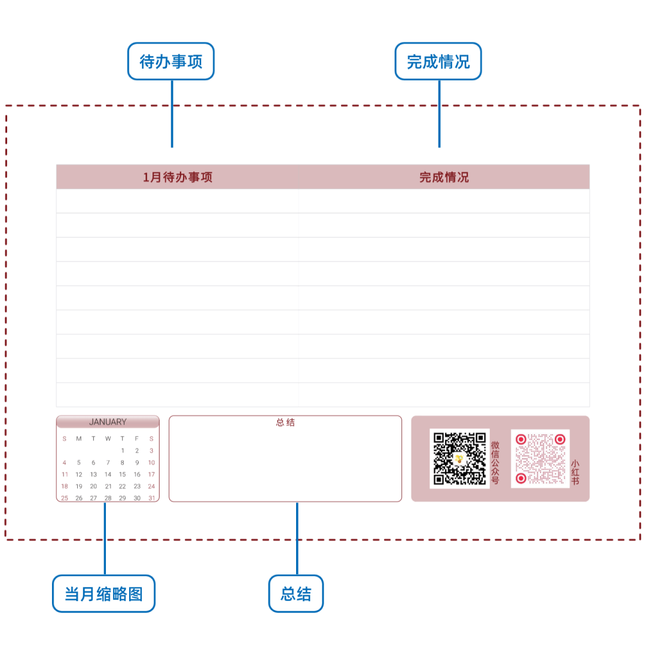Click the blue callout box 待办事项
tap(171, 61)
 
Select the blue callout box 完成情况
tap(438, 61)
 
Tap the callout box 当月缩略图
tap(103, 593)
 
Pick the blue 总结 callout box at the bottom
tap(296, 593)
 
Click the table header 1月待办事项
tap(178, 177)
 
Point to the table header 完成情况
tap(444, 177)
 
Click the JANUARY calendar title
tap(108, 422)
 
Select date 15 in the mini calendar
tap(123, 474)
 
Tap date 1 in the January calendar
tap(123, 451)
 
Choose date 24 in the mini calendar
tap(151, 486)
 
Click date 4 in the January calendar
tap(65, 462)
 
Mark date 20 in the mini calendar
tap(93, 486)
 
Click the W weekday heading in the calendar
tap(108, 438)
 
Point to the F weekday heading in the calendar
tap(137, 438)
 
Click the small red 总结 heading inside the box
tap(285, 422)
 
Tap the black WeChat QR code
tap(459, 458)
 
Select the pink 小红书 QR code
tap(540, 458)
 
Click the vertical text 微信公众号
tap(495, 462)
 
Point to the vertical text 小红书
tap(575, 472)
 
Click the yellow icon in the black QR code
tap(459, 459)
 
